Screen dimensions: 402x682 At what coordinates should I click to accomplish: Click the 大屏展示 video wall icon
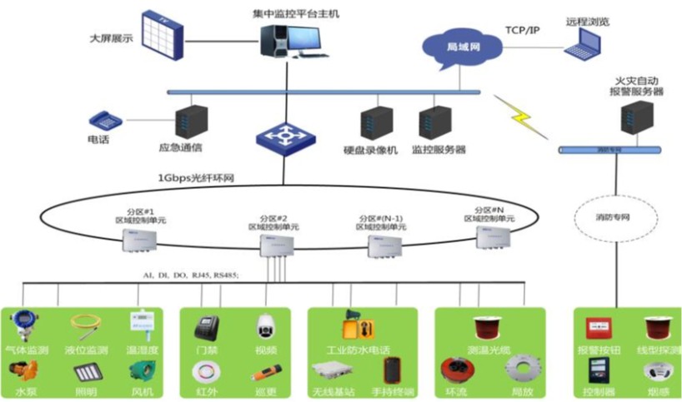click(x=163, y=34)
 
